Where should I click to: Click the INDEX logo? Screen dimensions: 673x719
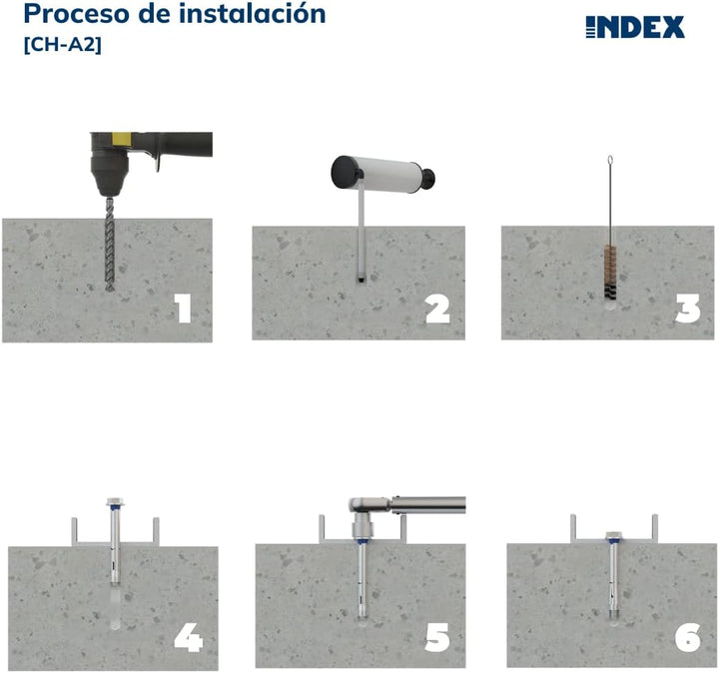pyautogui.click(x=634, y=28)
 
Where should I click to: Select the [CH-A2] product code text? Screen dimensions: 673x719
pyautogui.click(x=61, y=45)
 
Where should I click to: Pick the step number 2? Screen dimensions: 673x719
pyautogui.click(x=436, y=309)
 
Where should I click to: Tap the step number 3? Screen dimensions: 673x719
pyautogui.click(x=687, y=309)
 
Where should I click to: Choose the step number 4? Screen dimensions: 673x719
pyautogui.click(x=188, y=637)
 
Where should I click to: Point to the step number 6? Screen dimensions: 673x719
pyautogui.click(x=687, y=637)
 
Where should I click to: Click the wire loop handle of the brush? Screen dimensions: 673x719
pyautogui.click(x=609, y=165)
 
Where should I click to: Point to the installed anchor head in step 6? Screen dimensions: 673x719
pyautogui.click(x=613, y=536)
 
